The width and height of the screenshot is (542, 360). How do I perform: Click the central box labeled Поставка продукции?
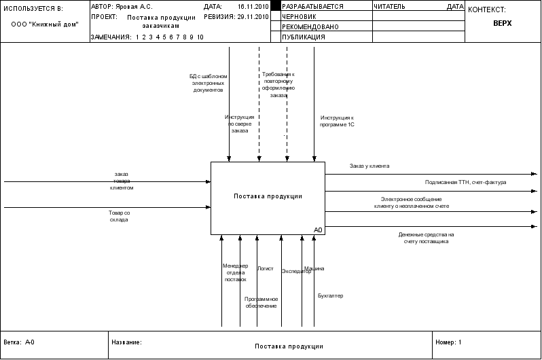268,197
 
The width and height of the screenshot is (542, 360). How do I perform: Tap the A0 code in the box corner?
318,230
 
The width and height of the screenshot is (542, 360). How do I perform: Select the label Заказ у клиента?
369,166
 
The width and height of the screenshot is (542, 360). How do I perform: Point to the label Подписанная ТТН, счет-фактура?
466,182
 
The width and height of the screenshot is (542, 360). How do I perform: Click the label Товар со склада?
119,216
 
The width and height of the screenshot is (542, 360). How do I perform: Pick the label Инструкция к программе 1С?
338,121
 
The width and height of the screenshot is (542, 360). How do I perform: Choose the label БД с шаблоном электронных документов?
208,83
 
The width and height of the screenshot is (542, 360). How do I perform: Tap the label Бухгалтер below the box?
331,295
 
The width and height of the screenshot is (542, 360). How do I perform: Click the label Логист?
265,269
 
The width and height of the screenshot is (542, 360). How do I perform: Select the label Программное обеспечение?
261,302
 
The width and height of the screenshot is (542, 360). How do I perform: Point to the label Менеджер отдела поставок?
235,272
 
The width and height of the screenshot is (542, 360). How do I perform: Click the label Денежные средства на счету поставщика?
427,238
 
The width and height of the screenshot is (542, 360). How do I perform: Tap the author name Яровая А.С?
134,6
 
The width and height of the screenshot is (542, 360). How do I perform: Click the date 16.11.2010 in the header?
251,6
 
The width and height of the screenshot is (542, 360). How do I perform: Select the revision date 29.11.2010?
251,16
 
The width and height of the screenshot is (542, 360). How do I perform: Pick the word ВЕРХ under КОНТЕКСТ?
503,22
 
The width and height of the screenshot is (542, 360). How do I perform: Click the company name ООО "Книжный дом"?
45,24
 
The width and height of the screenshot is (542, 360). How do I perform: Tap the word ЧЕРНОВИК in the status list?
301,16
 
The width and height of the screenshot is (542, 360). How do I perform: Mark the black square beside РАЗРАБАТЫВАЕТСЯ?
275,6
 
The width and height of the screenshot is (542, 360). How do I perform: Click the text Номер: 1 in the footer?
448,342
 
